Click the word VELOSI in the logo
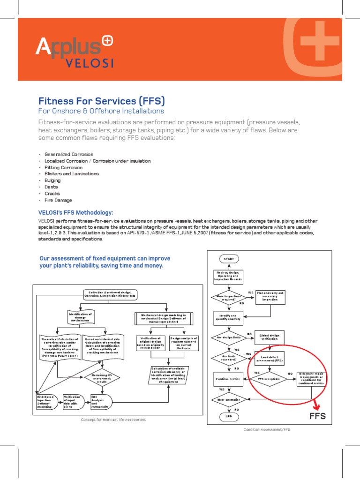coord(88,62)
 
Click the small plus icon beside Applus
coord(107,42)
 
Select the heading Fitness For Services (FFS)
coord(101,101)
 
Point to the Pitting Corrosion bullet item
coord(63,167)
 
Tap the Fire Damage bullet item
coord(58,200)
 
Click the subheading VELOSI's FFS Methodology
coord(75,212)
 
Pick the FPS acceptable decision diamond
coord(270,378)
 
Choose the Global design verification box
coord(270,337)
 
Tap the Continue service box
coord(228,378)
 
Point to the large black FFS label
coord(317,417)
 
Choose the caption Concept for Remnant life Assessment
coord(114,420)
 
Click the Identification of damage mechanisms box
coord(81,317)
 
